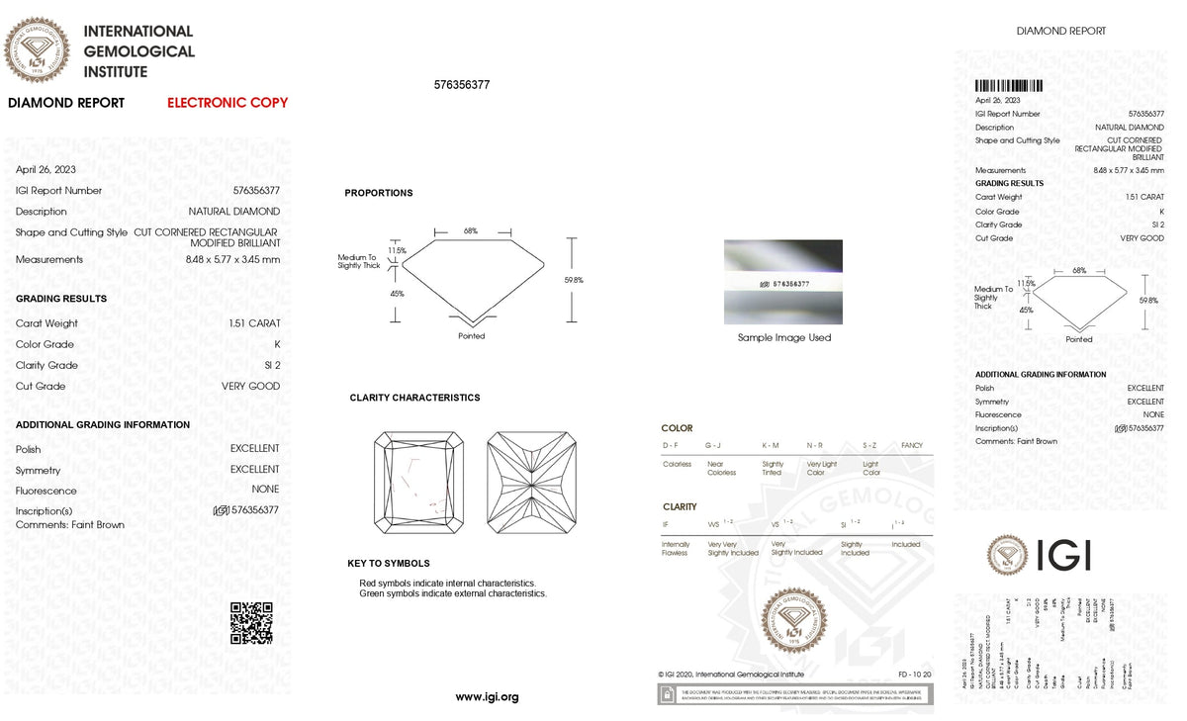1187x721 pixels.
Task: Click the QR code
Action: click(251, 622)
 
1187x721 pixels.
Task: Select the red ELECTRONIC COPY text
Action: click(228, 103)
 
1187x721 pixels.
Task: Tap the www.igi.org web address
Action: click(487, 697)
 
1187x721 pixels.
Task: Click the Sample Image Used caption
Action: click(784, 338)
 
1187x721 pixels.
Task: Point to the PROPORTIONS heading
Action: click(379, 193)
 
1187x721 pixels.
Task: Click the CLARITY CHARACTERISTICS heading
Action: click(414, 398)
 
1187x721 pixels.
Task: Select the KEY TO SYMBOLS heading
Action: click(389, 564)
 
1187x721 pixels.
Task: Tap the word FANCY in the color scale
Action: click(911, 446)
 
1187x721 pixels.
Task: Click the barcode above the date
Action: click(1009, 86)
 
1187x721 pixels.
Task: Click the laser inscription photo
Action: click(783, 282)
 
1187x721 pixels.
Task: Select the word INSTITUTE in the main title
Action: click(116, 72)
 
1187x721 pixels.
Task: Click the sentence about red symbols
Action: click(447, 584)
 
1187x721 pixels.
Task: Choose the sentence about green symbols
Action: click(453, 593)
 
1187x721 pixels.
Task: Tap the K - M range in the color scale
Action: click(772, 446)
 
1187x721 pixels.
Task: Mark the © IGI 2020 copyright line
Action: click(731, 675)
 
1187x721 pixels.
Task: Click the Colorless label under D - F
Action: click(678, 464)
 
